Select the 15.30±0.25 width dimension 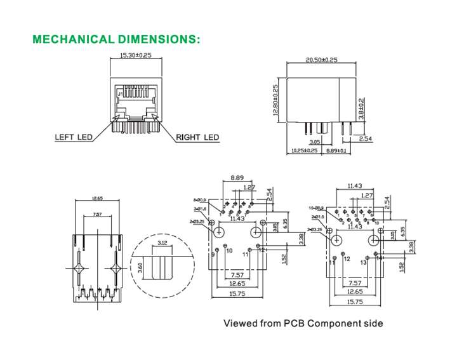[135, 57]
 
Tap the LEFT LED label [74, 137]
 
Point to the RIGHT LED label [197, 137]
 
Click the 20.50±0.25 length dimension [322, 60]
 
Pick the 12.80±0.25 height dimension [276, 102]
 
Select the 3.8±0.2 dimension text [361, 109]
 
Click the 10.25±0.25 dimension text [303, 150]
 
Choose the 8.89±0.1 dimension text [336, 150]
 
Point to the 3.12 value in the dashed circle [161, 243]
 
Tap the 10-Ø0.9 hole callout [315, 208]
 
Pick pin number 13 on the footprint [364, 261]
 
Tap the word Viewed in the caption [239, 323]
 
